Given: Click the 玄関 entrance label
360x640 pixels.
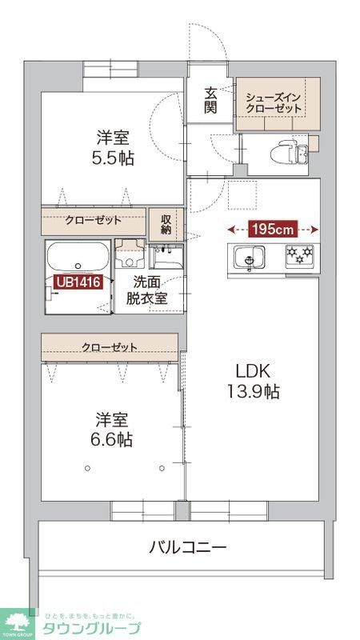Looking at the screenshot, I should [209, 100].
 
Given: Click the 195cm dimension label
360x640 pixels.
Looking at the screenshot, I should [274, 230].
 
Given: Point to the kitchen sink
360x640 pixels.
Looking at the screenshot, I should [249, 258].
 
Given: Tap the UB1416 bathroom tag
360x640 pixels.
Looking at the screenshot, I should [78, 282].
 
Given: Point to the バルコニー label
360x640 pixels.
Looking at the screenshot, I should [188, 548].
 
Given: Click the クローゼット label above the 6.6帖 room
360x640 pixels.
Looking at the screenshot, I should [109, 346].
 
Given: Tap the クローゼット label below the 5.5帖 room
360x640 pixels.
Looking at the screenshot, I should [93, 220].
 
